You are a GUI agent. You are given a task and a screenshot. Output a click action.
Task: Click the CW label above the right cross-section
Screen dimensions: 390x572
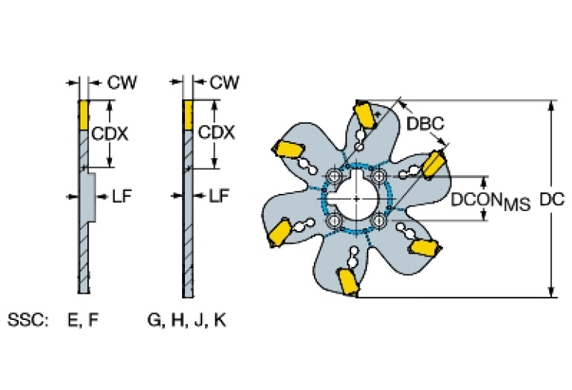tap(224, 82)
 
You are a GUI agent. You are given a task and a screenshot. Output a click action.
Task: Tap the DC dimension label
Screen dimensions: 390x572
tap(550, 199)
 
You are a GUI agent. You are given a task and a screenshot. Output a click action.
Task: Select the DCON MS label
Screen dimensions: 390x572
tap(491, 200)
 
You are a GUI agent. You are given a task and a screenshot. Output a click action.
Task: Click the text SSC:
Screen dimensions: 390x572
tap(28, 321)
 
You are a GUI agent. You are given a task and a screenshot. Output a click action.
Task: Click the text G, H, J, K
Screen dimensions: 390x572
tap(187, 321)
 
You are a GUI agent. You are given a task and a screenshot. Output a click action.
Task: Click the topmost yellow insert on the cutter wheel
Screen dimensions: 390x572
tap(365, 116)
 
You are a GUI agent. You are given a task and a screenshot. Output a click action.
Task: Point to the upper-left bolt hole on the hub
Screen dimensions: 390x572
tap(334, 177)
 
